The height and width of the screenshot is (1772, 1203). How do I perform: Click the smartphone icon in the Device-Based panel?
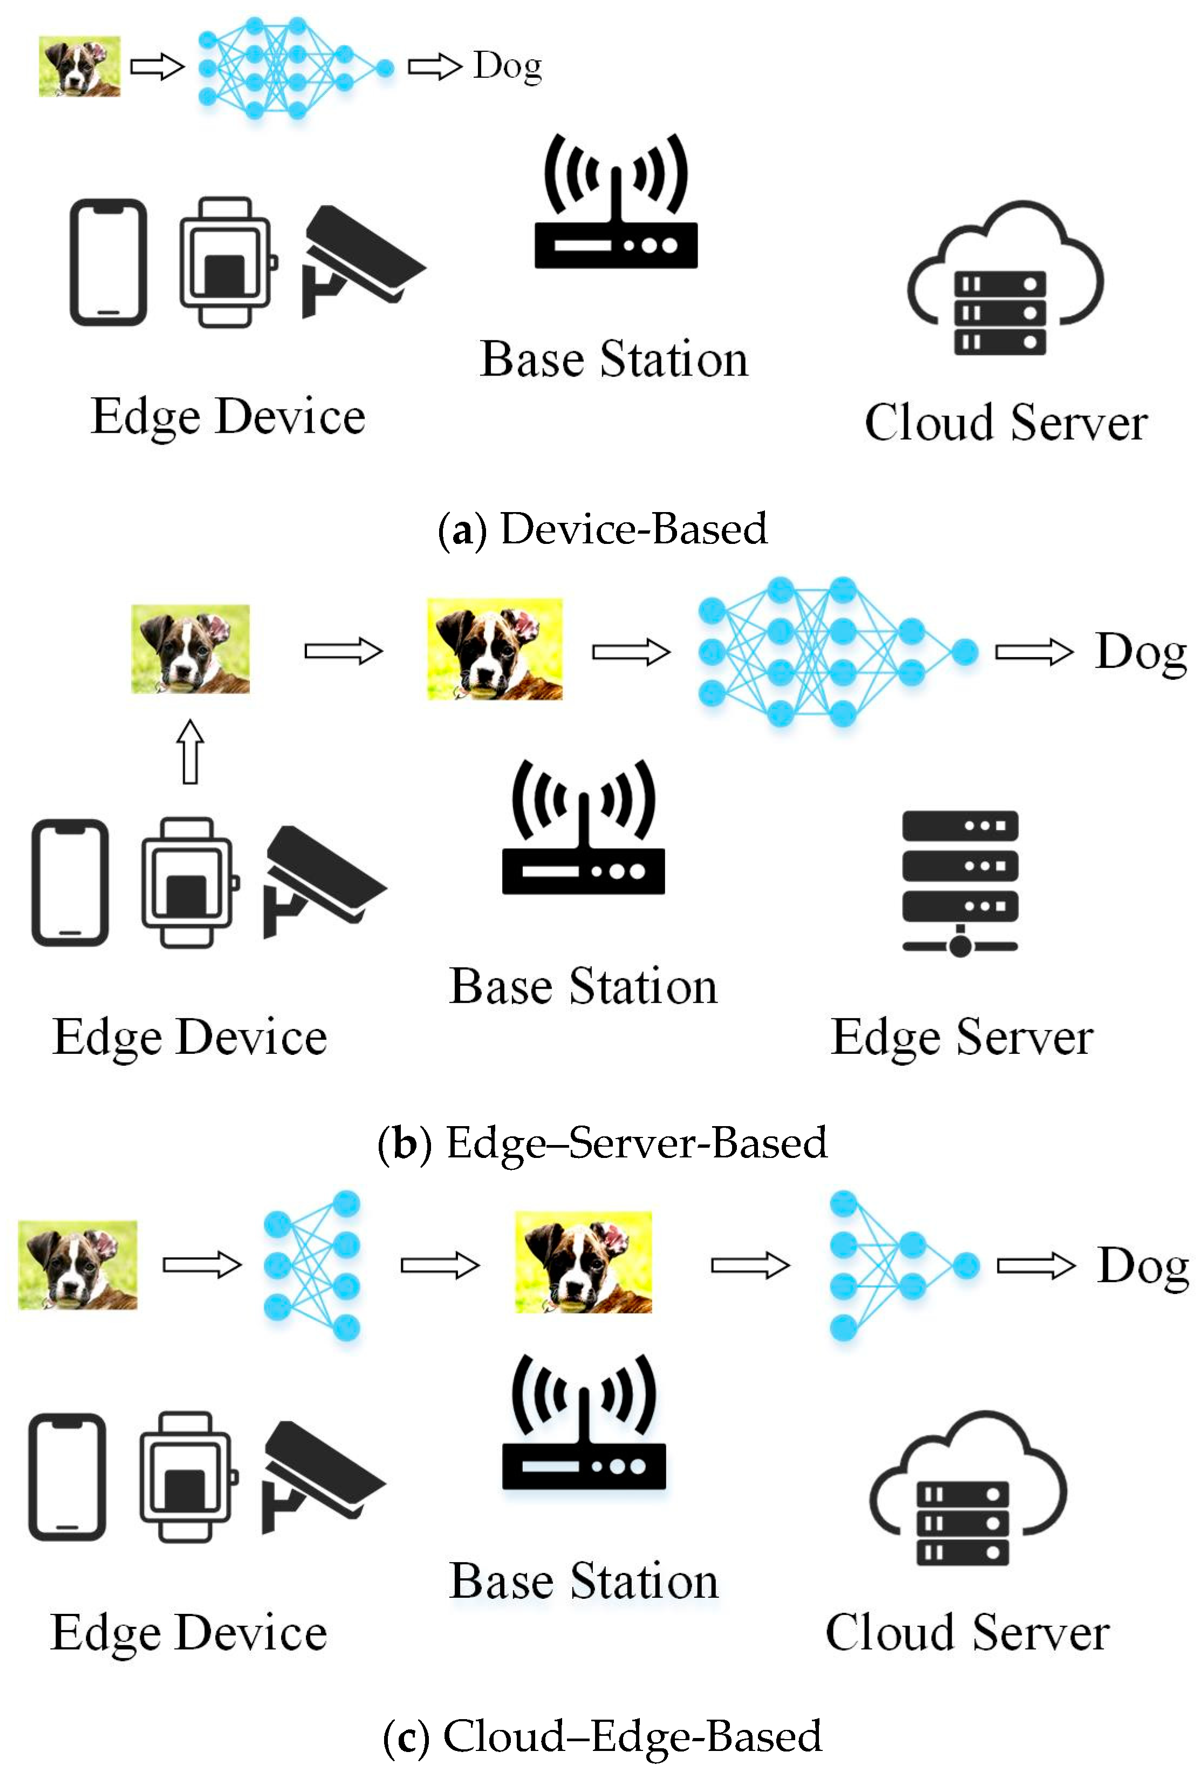pyautogui.click(x=108, y=262)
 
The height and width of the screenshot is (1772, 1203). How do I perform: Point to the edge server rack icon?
pyautogui.click(x=960, y=883)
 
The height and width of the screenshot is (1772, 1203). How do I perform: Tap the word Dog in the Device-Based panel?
pyautogui.click(x=507, y=67)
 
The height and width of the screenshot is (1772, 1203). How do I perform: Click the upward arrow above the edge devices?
pyautogui.click(x=190, y=752)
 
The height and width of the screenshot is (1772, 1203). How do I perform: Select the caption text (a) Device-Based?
pyautogui.click(x=602, y=528)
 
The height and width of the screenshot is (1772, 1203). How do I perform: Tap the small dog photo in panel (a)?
pyautogui.click(x=79, y=66)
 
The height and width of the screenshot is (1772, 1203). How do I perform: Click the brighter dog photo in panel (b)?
pyautogui.click(x=495, y=650)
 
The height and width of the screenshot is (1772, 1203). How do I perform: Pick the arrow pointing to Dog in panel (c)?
pyautogui.click(x=1035, y=1266)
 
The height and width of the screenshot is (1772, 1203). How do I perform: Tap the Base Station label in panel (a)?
pyautogui.click(x=614, y=359)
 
